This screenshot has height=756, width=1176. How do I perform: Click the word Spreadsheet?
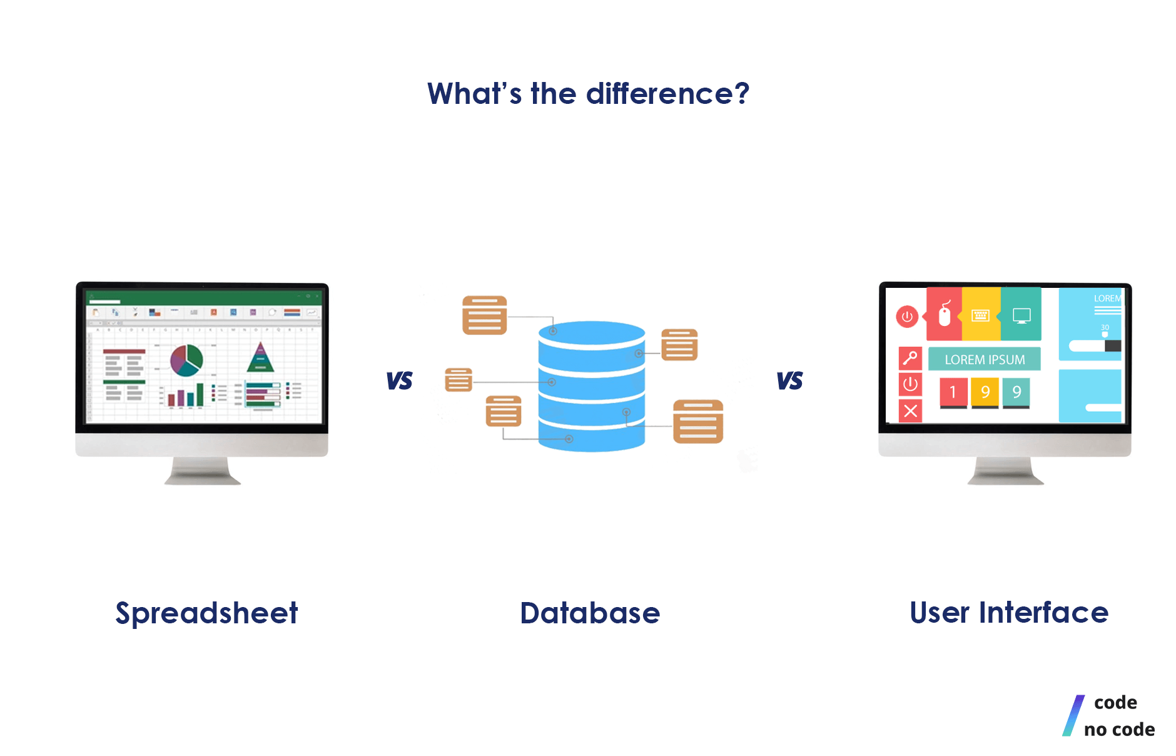click(206, 613)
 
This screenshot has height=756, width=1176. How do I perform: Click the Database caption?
click(590, 613)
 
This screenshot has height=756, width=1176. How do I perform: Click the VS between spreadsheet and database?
click(399, 381)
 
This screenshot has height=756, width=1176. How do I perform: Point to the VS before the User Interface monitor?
click(789, 381)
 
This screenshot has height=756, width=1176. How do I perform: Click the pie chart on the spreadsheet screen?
click(186, 360)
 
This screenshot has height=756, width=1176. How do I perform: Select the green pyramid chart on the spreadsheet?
click(260, 357)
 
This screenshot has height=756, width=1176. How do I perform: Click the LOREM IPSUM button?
click(985, 360)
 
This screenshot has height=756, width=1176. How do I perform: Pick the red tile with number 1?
click(953, 392)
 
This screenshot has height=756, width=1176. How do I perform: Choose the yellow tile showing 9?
click(985, 392)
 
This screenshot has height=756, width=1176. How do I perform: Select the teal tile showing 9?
click(1016, 392)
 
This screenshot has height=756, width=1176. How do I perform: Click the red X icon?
click(911, 411)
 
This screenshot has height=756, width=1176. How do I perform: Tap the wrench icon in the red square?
click(910, 358)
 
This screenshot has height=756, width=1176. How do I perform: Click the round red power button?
click(907, 317)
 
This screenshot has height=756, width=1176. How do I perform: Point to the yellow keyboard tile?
click(980, 315)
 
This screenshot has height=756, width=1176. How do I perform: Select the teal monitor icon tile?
click(1021, 315)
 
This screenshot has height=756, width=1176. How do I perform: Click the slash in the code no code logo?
click(1073, 715)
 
